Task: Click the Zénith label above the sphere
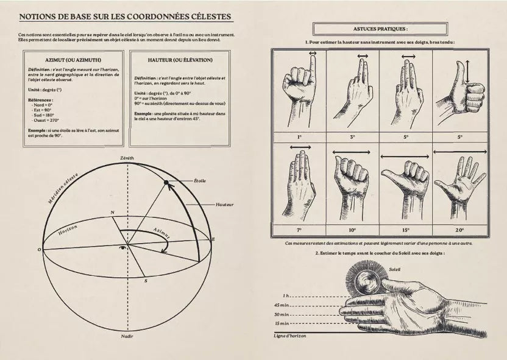pyautogui.click(x=127, y=158)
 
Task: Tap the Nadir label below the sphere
pyautogui.click(x=127, y=336)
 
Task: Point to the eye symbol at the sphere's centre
pyautogui.click(x=125, y=247)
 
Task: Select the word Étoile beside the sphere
pyautogui.click(x=199, y=181)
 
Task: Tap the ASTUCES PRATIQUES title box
pyautogui.click(x=380, y=29)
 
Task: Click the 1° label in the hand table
pyautogui.click(x=300, y=137)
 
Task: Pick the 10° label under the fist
pyautogui.click(x=353, y=230)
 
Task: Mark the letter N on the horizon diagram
pyautogui.click(x=111, y=213)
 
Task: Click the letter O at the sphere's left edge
pyautogui.click(x=39, y=250)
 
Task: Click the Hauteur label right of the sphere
pyautogui.click(x=225, y=205)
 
